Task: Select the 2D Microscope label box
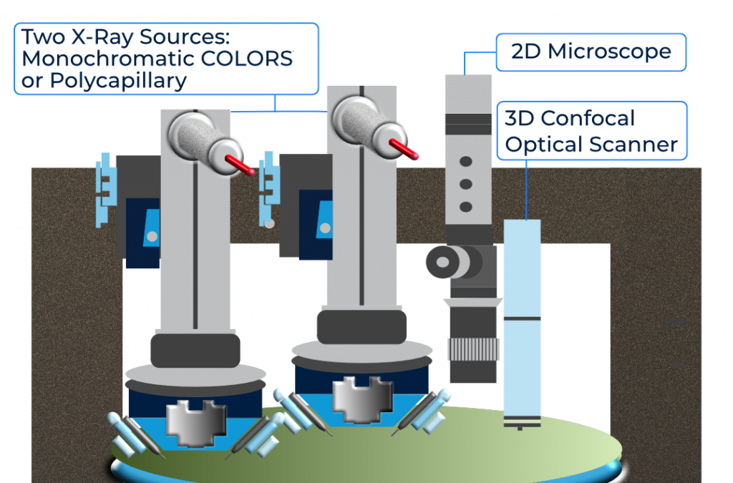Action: point(591,52)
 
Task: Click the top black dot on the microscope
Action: point(466,161)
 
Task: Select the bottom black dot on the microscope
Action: point(466,207)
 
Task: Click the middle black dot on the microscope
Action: point(466,184)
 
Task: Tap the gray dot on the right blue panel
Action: point(325,227)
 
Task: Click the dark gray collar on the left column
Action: point(195,349)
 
